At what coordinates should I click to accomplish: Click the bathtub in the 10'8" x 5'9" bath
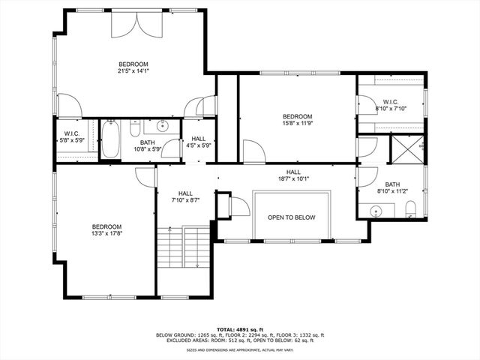[x=110, y=139]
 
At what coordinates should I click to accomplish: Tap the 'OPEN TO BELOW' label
[x=292, y=217]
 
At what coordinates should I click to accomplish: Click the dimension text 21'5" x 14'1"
[x=133, y=71]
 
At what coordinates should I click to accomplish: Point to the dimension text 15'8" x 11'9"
[x=297, y=124]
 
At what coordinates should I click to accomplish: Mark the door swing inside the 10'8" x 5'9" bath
[x=172, y=148]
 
